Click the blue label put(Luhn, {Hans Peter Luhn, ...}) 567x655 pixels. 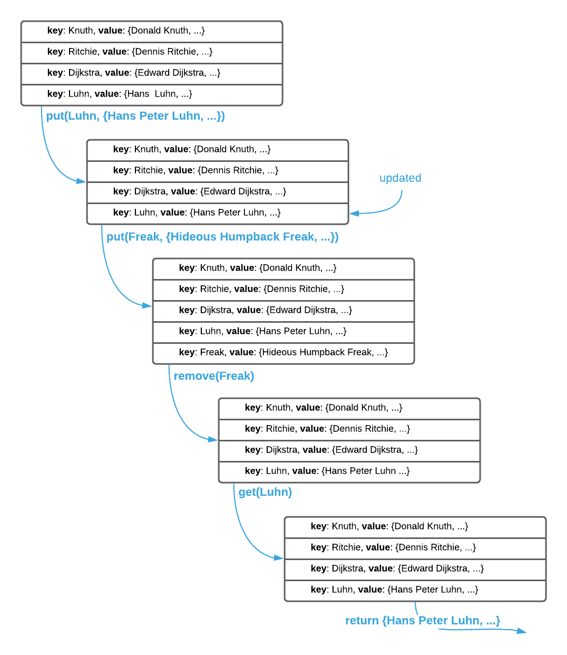tap(135, 116)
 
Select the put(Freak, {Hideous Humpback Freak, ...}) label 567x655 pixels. tap(222, 237)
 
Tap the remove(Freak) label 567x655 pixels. tap(214, 376)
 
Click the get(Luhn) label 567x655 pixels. tap(265, 492)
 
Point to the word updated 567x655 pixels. tap(400, 178)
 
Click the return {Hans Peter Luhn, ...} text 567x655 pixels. tap(422, 621)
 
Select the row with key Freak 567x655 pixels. tap(283, 352)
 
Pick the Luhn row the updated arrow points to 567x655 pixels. tap(218, 213)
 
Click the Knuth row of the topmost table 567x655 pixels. tap(152, 31)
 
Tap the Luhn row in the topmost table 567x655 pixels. tap(152, 94)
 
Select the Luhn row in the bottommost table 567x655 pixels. tap(415, 590)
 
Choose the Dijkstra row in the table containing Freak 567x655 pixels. tap(283, 310)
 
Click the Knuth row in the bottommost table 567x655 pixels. tap(415, 527)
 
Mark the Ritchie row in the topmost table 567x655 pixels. tap(152, 52)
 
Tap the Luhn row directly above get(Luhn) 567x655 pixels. tap(349, 471)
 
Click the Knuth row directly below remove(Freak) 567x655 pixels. tap(349, 408)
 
